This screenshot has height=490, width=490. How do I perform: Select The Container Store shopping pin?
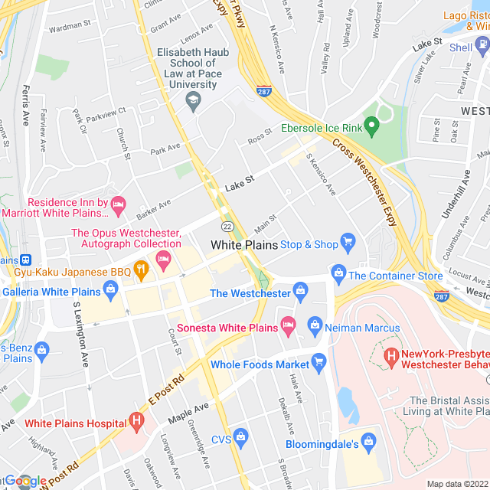tap(338, 273)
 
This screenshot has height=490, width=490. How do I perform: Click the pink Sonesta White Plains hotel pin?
tap(288, 325)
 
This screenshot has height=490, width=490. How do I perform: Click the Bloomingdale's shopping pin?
tap(369, 442)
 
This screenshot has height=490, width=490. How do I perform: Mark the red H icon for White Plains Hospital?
tap(136, 421)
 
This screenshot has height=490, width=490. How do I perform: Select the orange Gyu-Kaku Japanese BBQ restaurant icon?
tap(140, 269)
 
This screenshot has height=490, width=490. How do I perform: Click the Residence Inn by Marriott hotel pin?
tap(118, 204)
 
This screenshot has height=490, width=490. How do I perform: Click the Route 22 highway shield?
tap(227, 227)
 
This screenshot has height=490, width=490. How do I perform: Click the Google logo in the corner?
tap(24, 481)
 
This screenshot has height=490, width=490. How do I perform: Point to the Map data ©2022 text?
tap(456, 484)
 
